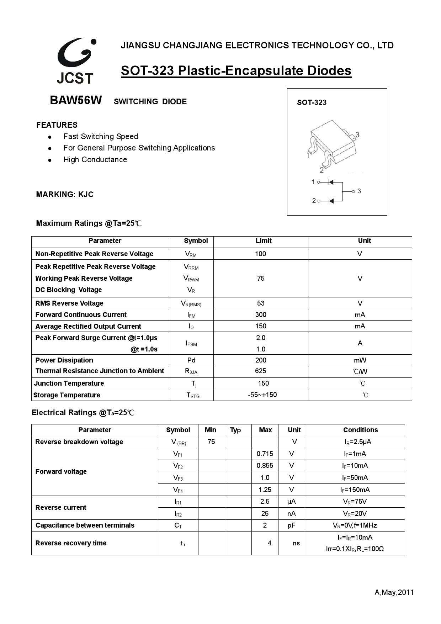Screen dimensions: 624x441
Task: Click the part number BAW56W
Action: (76, 101)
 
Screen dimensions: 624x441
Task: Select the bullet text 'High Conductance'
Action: (95, 160)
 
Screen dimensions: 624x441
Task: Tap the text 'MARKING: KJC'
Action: (65, 195)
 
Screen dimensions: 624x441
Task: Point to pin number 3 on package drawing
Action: (357, 135)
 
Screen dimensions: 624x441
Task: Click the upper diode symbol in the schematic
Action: (330, 182)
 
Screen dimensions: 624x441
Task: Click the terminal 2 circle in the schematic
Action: (319, 201)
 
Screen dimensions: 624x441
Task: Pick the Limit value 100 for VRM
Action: (260, 254)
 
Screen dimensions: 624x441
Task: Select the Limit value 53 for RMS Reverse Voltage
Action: (260, 303)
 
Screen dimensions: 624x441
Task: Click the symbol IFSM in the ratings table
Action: (191, 343)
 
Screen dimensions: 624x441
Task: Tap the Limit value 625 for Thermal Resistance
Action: (260, 371)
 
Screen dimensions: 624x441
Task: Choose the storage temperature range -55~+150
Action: (262, 395)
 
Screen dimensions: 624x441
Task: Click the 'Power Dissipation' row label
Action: (64, 360)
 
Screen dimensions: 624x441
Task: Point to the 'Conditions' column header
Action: (360, 430)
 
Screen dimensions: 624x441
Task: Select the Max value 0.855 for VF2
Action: (265, 466)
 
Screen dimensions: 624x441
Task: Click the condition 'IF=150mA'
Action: (355, 490)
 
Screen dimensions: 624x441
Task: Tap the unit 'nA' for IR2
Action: (291, 513)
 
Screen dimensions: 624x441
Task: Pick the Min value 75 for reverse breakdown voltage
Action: (211, 441)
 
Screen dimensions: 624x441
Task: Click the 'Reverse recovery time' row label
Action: (71, 543)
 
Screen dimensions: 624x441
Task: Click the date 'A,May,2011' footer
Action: (394, 592)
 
